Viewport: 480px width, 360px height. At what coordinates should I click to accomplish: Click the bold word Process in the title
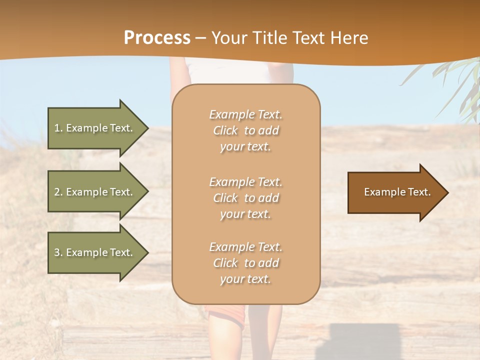(157, 38)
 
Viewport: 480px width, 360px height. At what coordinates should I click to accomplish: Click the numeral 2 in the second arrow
(57, 192)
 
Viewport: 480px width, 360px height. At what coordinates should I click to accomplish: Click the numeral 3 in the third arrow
(57, 252)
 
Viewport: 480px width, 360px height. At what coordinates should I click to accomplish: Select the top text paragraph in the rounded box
(245, 130)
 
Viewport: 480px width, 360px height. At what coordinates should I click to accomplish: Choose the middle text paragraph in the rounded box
(245, 198)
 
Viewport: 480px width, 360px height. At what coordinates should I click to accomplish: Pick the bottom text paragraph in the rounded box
(245, 263)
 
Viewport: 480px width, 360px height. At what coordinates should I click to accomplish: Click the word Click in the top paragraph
(225, 130)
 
